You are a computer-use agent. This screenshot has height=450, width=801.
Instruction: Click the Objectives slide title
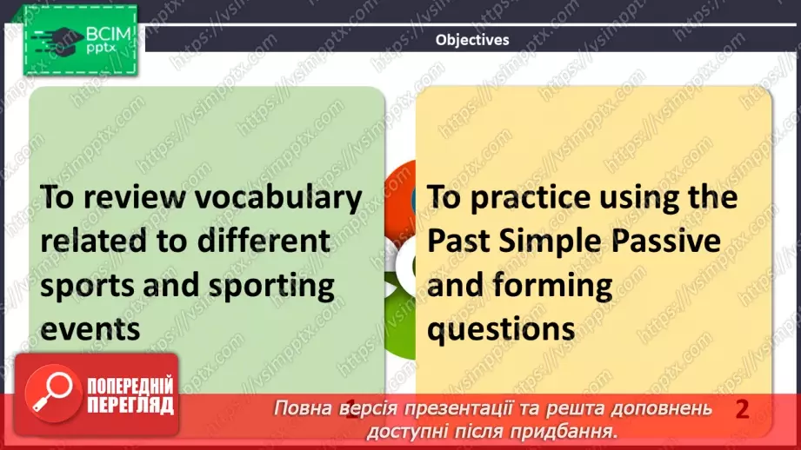point(471,39)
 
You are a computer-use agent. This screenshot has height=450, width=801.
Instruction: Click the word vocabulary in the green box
point(278,197)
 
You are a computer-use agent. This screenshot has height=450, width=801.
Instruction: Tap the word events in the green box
point(90,329)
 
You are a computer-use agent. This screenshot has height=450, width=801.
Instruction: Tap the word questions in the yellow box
point(500,329)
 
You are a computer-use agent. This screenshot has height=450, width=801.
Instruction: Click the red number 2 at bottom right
point(742,409)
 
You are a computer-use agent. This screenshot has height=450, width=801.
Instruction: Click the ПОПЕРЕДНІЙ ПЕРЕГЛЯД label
point(130,396)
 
